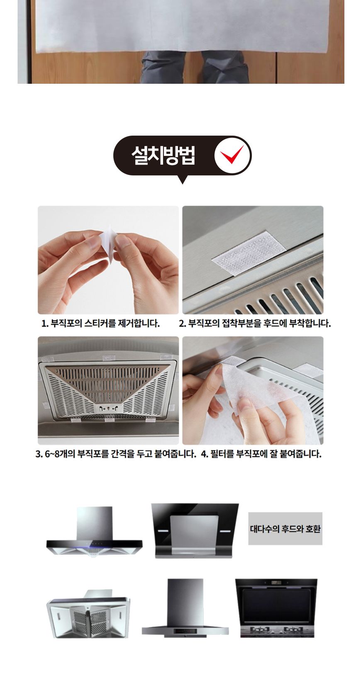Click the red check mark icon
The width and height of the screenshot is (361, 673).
coord(232,155)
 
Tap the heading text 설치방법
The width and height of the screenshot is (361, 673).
coord(163,156)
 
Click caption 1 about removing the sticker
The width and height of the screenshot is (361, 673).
coord(101,323)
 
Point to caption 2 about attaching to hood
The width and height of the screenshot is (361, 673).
coord(255,323)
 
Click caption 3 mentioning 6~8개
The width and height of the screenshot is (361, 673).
coord(115,454)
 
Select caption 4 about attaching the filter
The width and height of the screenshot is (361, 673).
coord(261,454)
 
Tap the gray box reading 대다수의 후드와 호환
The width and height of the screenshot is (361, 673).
coord(285,529)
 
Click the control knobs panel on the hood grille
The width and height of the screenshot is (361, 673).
coord(109,408)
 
